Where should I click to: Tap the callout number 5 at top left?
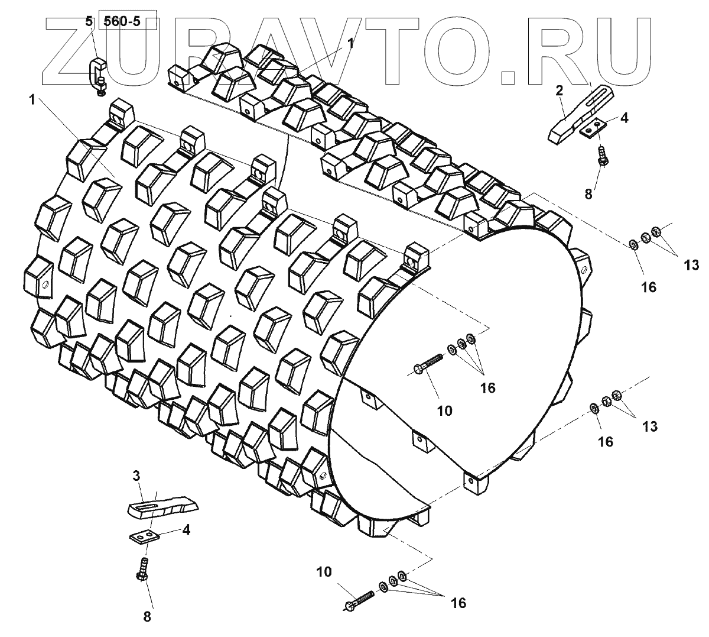[x=89, y=22]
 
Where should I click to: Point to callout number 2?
[x=558, y=91]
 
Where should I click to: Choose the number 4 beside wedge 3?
[x=186, y=530]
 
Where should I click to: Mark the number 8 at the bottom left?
[x=147, y=617]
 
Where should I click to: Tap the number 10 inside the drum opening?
[x=444, y=410]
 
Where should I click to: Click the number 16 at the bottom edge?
[x=458, y=603]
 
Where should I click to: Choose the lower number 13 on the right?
[x=649, y=427]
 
